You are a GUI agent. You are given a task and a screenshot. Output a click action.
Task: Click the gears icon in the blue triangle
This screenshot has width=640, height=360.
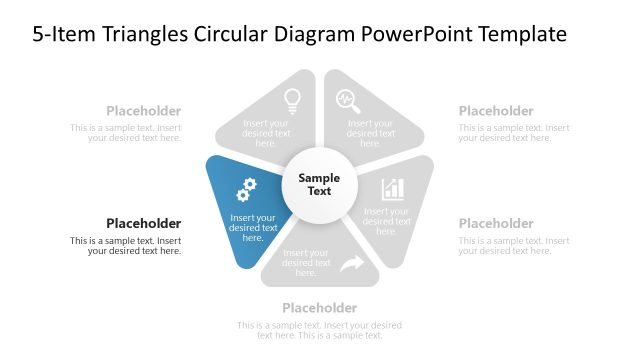tap(246, 189)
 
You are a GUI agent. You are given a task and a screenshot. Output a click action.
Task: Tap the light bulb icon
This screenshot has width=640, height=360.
tap(292, 99)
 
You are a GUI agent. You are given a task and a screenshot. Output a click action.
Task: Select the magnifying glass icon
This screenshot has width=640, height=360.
tap(347, 99)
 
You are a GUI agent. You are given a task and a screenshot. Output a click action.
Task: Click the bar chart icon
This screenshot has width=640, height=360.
tap(393, 188)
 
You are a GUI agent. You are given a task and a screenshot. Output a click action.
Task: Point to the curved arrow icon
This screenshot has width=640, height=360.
tap(352, 264)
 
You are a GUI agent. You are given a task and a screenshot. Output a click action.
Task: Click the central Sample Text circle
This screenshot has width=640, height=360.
tap(319, 185)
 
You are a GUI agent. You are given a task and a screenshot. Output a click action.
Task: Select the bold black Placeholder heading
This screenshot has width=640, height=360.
tap(144, 223)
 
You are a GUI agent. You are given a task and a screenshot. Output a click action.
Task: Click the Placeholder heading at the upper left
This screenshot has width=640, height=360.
tap(144, 111)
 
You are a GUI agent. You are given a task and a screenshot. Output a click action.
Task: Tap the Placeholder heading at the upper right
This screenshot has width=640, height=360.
tap(496, 111)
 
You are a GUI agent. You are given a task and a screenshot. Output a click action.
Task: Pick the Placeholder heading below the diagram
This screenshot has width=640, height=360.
tap(319, 308)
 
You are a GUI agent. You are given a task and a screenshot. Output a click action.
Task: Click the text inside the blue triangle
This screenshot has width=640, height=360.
tap(253, 228)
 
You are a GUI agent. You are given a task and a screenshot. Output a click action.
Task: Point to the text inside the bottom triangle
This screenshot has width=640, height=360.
tap(307, 263)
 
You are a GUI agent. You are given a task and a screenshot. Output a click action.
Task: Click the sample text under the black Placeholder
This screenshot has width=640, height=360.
tap(127, 246)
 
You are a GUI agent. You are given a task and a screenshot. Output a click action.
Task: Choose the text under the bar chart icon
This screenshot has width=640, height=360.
tap(386, 221)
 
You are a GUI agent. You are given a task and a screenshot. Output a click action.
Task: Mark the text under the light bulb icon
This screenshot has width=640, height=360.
tap(266, 133)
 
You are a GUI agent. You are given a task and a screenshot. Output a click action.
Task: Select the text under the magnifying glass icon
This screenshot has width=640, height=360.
tap(371, 133)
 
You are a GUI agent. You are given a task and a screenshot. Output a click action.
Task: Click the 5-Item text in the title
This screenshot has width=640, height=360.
tap(62, 34)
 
